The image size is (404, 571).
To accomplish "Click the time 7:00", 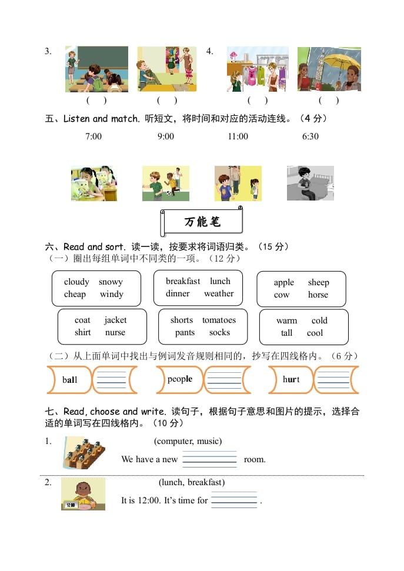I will point(94,136).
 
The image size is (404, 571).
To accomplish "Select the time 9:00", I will point(166,136).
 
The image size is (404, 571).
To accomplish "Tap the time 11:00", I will point(238,136).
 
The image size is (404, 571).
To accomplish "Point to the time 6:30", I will point(310,136).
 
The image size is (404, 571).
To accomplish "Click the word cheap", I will point(75,295).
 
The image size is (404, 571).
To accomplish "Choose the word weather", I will point(219,294).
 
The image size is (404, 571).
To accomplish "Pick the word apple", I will point(283,283).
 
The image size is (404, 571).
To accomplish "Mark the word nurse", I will point(115,333).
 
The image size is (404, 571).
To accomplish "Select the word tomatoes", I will point(219,320).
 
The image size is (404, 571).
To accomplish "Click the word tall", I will point(286,333).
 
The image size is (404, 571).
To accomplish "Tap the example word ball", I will point(69,380).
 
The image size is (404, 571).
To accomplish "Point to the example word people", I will point(179,379).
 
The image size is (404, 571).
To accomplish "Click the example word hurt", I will point(291,380).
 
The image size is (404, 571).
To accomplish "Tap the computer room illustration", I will point(84,453).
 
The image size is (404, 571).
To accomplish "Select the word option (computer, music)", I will point(188,441).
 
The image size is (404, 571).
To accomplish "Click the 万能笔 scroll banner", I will point(202,222).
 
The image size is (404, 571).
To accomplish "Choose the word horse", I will point(318,295).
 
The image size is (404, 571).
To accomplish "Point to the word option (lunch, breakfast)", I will point(192,483).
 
